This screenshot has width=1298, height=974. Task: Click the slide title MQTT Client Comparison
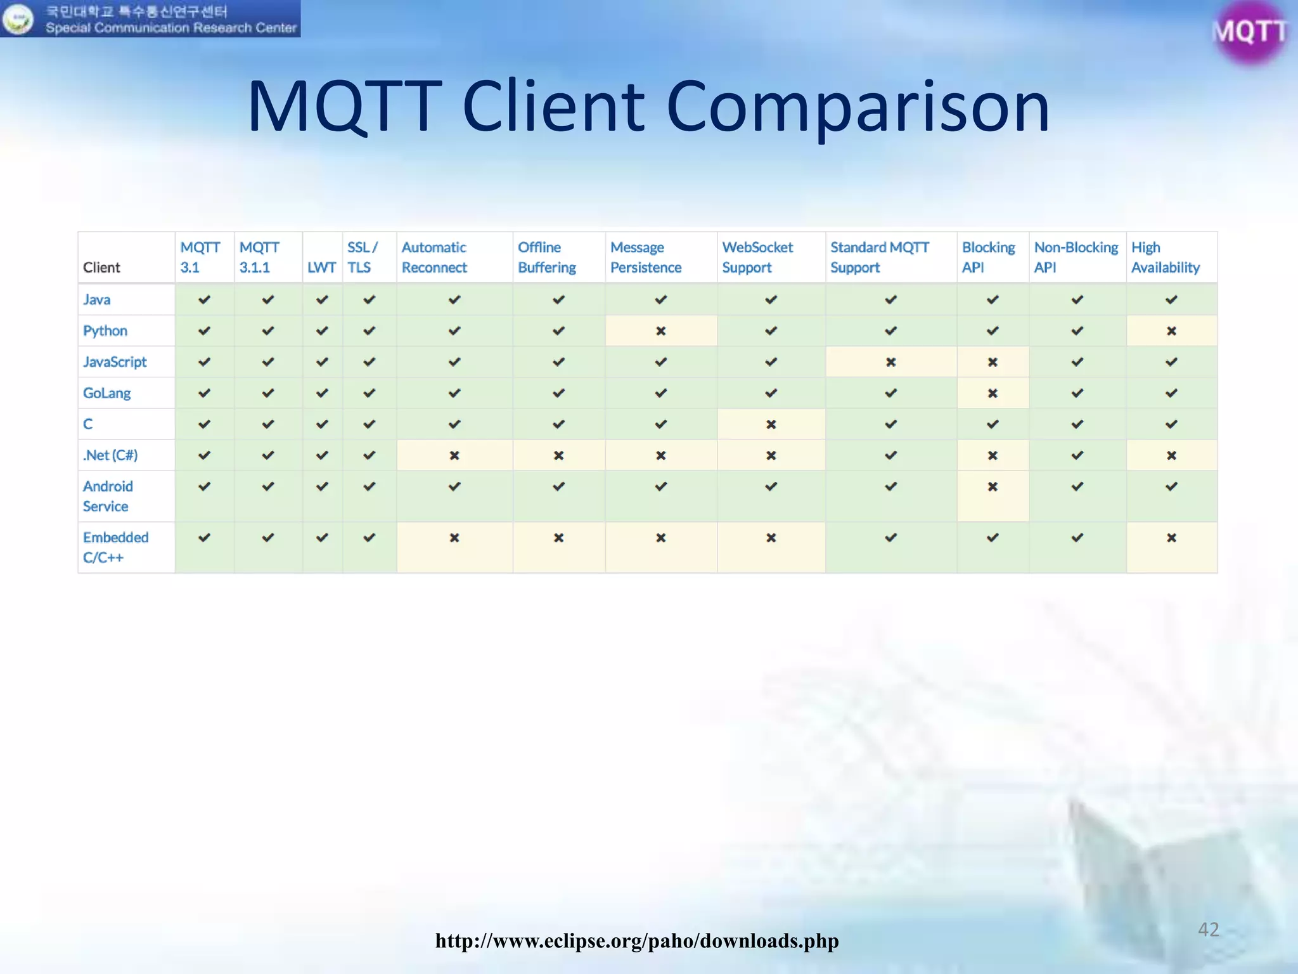(x=648, y=107)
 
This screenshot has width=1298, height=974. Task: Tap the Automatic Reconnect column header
(x=434, y=257)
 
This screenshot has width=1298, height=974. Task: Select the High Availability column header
(x=1165, y=257)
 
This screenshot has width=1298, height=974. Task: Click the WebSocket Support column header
(x=757, y=257)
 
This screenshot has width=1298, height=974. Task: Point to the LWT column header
(x=321, y=268)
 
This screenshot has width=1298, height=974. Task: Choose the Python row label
(x=105, y=331)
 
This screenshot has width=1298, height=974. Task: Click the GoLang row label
(x=106, y=393)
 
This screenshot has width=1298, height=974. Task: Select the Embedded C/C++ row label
(x=115, y=547)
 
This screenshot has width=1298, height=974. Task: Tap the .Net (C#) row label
(x=110, y=455)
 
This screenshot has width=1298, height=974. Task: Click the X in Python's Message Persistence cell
(x=660, y=331)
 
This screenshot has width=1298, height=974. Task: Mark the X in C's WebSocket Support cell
(x=771, y=424)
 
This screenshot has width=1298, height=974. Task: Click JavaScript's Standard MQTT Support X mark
(x=890, y=362)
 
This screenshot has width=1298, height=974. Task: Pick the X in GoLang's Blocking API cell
(x=993, y=393)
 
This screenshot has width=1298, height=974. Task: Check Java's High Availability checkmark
(x=1171, y=300)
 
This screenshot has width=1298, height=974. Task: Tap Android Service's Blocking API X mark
(x=993, y=487)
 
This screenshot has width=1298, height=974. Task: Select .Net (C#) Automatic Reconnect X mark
(x=454, y=455)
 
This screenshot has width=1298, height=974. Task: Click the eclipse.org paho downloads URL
(x=636, y=940)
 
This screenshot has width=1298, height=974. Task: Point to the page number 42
(x=1208, y=930)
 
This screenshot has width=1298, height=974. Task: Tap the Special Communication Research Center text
(x=171, y=28)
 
